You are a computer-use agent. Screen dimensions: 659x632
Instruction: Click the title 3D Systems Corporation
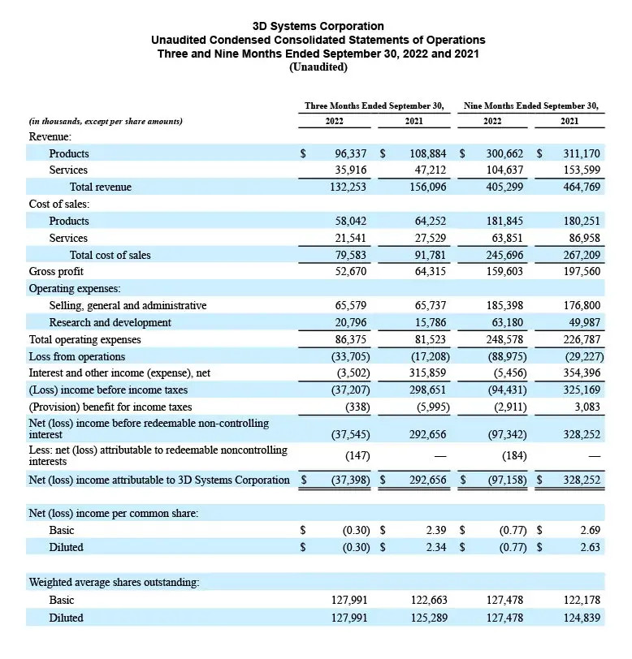coord(318,27)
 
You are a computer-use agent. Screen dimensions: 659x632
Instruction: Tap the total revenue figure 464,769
coord(581,187)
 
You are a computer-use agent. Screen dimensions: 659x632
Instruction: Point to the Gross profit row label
coord(57,271)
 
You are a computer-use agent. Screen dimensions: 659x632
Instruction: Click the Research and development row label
coord(110,322)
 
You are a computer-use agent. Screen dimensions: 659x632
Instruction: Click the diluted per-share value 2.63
coord(590,547)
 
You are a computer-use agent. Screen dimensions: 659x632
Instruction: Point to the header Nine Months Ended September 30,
coord(531,106)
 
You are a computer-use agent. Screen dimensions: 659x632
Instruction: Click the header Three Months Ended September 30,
coord(374,106)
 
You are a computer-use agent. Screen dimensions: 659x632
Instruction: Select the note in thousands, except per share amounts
coord(106,122)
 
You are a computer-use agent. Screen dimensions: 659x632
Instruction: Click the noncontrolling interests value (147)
coord(356,455)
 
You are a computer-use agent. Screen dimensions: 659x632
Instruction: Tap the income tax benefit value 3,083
coord(587,407)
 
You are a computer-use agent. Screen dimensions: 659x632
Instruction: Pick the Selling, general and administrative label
coord(128,305)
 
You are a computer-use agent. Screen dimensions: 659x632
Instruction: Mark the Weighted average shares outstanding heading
coord(114,582)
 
